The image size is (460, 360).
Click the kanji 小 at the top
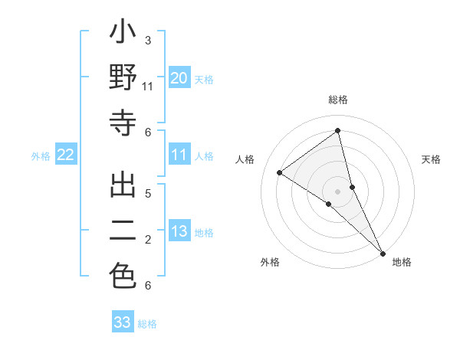tap(123, 37)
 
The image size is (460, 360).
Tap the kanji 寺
tap(123, 123)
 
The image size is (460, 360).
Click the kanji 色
tap(123, 276)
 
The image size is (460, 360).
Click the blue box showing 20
tap(179, 77)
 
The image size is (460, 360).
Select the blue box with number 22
tap(66, 155)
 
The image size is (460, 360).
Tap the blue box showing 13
tap(179, 231)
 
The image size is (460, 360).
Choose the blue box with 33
tap(123, 322)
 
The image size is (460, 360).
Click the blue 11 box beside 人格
tap(179, 155)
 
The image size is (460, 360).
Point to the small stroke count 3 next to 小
tap(148, 40)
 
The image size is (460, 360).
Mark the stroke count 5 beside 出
tap(148, 193)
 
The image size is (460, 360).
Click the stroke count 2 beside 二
tap(148, 240)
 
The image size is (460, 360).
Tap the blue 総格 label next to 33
tap(147, 324)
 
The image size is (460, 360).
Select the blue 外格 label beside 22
tap(41, 156)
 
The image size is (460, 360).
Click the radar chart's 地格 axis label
tap(402, 263)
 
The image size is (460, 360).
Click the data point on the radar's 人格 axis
tap(280, 173)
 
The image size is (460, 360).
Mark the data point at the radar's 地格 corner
tap(382, 253)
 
